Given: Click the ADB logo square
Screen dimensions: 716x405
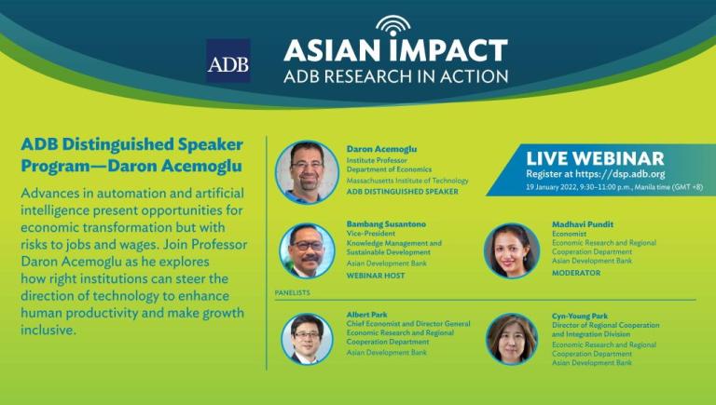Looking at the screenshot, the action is click(x=227, y=61).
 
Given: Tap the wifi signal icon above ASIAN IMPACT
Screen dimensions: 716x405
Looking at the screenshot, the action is click(x=393, y=26).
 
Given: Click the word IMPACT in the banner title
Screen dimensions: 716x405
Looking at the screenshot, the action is click(x=447, y=50).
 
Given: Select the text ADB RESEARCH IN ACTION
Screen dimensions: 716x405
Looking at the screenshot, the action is click(x=395, y=76).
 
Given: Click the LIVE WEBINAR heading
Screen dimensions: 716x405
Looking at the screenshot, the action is click(x=595, y=158).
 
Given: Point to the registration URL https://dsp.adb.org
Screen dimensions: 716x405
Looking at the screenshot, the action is click(x=620, y=174).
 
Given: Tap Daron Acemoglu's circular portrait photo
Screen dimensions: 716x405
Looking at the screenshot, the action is click(x=307, y=172).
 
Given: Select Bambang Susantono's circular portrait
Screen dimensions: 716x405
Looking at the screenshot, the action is click(x=307, y=250).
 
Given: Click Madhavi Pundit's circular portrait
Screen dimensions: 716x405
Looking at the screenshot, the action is click(x=512, y=250).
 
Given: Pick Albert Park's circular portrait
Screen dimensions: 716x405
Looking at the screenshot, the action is click(x=307, y=339).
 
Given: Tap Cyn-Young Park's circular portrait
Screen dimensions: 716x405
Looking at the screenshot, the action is click(x=512, y=339).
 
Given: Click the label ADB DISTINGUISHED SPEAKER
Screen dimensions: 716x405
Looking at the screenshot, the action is click(x=403, y=192).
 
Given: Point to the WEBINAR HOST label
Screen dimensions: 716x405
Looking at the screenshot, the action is click(x=376, y=276).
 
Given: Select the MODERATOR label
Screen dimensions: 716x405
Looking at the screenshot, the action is click(x=576, y=273).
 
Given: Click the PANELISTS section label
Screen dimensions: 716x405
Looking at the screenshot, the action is click(x=292, y=292).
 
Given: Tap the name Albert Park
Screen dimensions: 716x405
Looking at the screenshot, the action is click(x=366, y=315).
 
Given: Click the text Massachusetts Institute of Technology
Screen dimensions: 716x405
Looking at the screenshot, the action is click(x=407, y=181).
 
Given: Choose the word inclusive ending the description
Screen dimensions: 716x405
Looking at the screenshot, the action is click(x=48, y=330).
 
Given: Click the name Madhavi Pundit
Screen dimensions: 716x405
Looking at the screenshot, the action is click(x=583, y=224).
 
